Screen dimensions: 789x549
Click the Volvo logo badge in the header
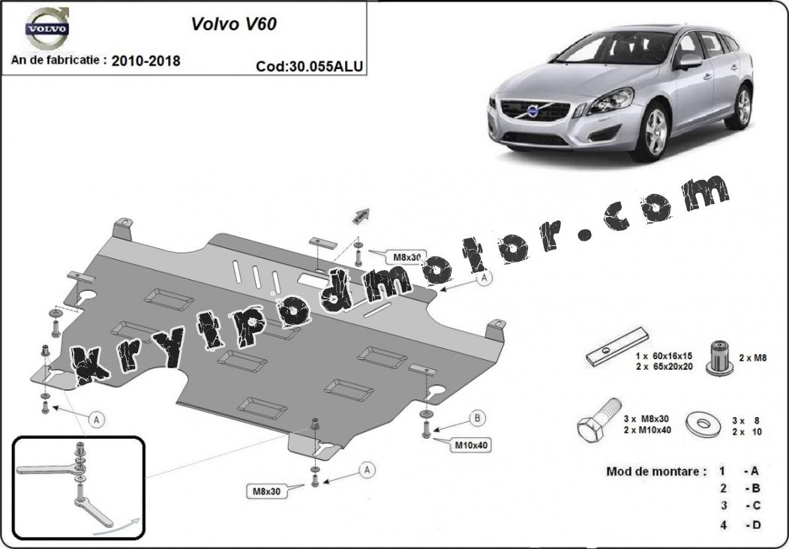click(47, 28)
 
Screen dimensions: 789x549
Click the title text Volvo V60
click(233, 24)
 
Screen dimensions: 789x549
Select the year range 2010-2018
click(146, 61)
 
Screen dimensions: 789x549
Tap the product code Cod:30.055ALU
click(310, 67)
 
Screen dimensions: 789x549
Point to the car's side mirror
click(687, 62)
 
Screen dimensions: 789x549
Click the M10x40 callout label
click(472, 445)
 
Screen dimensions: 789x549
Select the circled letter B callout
click(477, 418)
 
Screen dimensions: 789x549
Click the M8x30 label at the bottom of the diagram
click(267, 491)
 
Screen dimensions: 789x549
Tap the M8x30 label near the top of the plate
click(406, 257)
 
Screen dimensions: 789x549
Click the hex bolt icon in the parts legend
click(598, 420)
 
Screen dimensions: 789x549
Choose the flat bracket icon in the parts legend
click(617, 346)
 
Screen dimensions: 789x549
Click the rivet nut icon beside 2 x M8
click(719, 358)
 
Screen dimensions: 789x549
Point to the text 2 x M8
click(753, 358)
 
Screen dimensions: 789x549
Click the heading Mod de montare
click(657, 472)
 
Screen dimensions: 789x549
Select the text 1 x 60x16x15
click(664, 355)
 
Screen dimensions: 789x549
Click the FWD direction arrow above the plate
click(361, 217)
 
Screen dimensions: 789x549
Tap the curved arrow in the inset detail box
click(115, 526)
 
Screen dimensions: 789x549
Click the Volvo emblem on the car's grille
click(533, 111)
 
